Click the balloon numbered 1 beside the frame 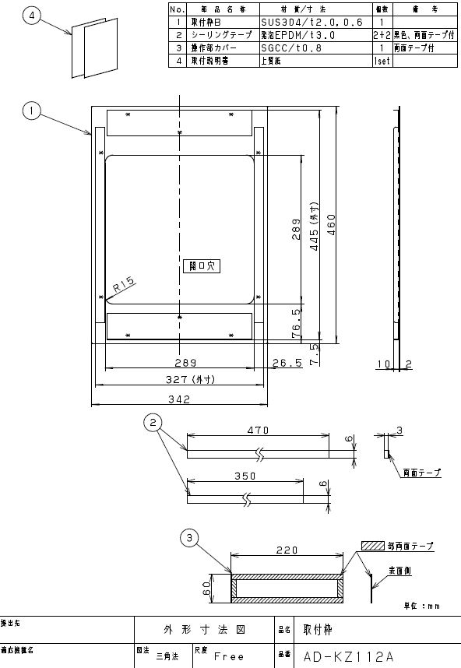pyautogui.click(x=31, y=112)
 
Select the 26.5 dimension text pyautogui.click(x=288, y=364)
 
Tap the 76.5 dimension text pyautogui.click(x=297, y=322)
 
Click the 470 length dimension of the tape pyautogui.click(x=259, y=429)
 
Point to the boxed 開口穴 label pyautogui.click(x=201, y=265)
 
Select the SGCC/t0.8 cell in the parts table pyautogui.click(x=289, y=47)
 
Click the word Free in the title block pyautogui.click(x=230, y=656)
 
